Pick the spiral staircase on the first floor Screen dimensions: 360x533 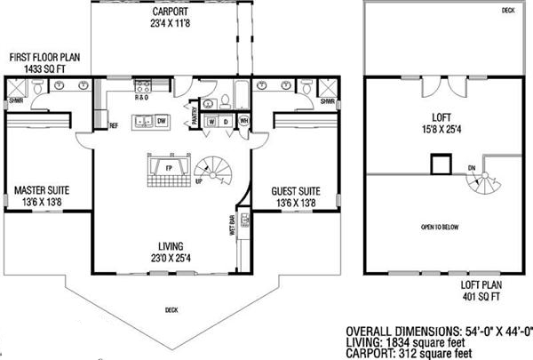click(212, 167)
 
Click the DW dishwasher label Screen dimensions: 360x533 click(162, 120)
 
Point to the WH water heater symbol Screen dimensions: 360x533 click(243, 120)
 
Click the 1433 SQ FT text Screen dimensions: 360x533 click(44, 68)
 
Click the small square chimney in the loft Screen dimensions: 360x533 click(438, 164)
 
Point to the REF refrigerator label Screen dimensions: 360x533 click(114, 125)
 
